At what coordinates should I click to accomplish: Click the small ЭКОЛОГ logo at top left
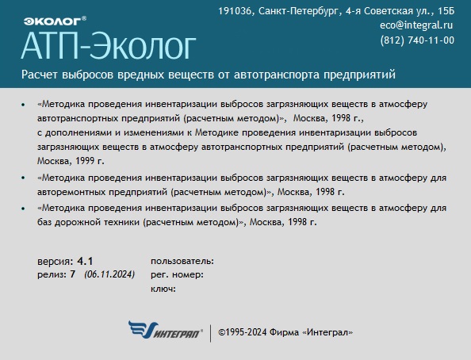(55, 21)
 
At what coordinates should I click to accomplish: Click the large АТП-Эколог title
(109, 46)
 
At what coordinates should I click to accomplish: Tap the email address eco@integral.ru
(416, 25)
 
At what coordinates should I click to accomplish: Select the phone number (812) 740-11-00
(417, 40)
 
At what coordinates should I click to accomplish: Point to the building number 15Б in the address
(446, 11)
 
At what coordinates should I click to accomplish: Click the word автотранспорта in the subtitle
(277, 75)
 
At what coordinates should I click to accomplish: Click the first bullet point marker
(23, 105)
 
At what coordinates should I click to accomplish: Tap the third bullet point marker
(23, 209)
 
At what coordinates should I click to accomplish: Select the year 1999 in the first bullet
(85, 161)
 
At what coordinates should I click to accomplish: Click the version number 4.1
(85, 261)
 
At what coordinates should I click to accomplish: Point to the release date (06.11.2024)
(109, 274)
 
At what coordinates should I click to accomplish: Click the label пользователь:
(182, 261)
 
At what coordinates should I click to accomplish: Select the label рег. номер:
(178, 274)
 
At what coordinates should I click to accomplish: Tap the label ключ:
(163, 289)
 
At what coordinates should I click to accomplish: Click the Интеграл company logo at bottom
(165, 330)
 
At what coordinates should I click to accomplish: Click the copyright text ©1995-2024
(243, 332)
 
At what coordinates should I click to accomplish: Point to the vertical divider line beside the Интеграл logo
(210, 333)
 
